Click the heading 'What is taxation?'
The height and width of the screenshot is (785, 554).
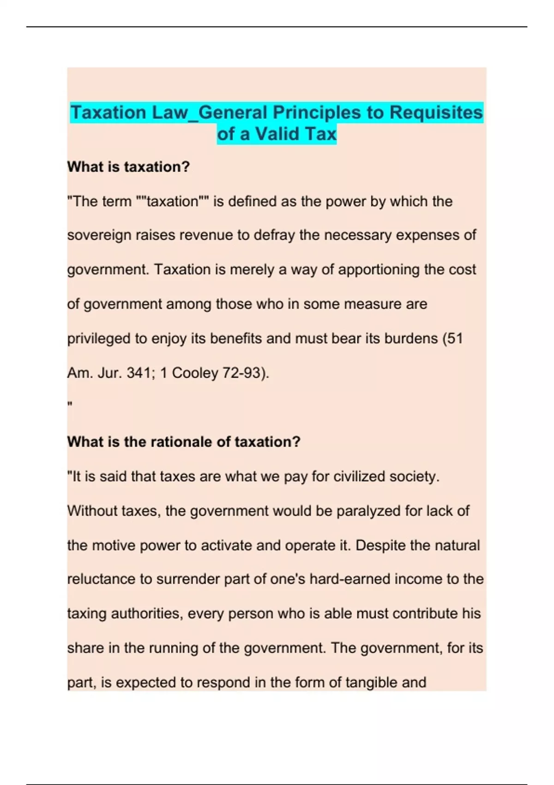[x=128, y=167]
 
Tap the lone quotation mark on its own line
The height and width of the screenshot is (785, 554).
[x=70, y=405]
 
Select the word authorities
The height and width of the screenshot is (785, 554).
[x=147, y=614]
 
